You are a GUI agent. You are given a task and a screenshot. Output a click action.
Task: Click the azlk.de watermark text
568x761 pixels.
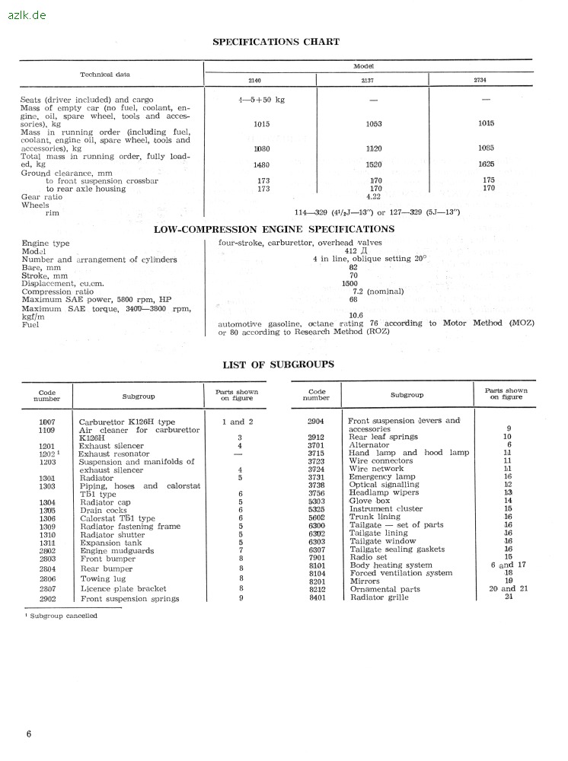[26, 14]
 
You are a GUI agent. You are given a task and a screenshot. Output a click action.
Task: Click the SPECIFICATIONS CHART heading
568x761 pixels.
[276, 42]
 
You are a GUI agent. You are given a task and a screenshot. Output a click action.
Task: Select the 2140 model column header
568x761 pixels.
[254, 79]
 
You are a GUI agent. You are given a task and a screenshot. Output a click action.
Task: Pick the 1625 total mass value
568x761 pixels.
[486, 164]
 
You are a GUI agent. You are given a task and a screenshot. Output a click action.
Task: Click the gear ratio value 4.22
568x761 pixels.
[373, 196]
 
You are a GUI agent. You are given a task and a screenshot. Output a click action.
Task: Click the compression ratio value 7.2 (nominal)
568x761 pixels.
[378, 291]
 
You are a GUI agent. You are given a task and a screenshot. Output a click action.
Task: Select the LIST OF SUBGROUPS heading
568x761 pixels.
[278, 365]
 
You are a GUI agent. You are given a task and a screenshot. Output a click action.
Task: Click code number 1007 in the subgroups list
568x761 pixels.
[48, 422]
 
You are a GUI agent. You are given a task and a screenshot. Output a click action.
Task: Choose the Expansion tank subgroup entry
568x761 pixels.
[111, 543]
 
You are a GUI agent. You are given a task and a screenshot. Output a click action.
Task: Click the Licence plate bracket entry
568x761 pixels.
[123, 588]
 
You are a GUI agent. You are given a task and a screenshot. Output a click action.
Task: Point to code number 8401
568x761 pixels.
[317, 597]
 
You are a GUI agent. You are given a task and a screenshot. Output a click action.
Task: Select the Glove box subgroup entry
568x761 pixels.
[369, 501]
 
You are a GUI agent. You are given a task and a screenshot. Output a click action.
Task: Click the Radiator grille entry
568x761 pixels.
[378, 597]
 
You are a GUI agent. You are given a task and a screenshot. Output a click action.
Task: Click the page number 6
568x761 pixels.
[29, 734]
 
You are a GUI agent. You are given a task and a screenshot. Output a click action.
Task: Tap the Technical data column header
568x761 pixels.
[105, 75]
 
